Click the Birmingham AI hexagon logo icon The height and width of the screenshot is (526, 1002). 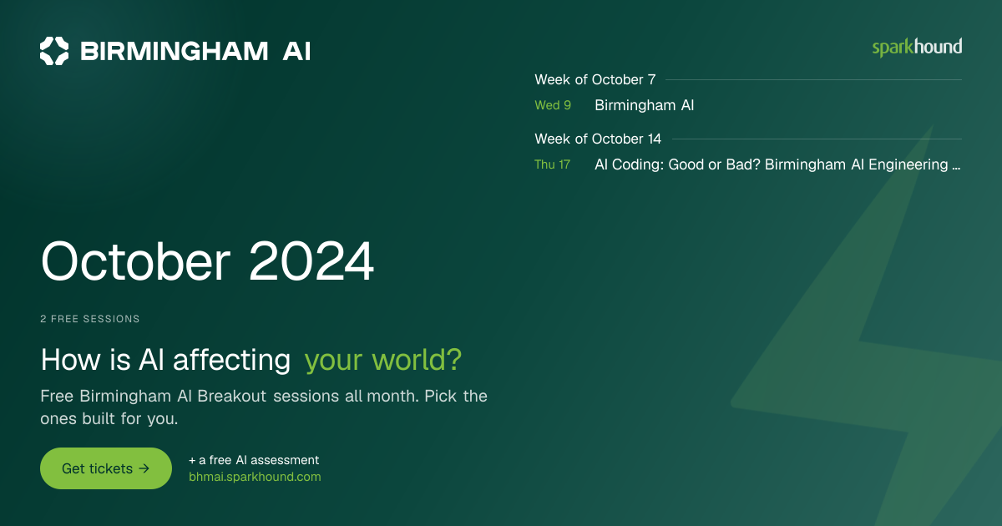[54, 51]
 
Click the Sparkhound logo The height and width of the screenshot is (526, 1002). [917, 48]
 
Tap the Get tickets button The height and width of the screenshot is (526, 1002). [106, 468]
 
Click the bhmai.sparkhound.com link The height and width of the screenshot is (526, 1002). [255, 477]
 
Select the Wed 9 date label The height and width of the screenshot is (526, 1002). [553, 105]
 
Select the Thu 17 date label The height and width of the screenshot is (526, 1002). [553, 164]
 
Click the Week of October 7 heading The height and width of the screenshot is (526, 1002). [595, 79]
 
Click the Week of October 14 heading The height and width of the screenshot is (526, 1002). [598, 139]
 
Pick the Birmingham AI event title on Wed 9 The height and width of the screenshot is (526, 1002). [644, 105]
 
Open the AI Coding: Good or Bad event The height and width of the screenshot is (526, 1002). [777, 164]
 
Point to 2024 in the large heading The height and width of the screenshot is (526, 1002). [311, 261]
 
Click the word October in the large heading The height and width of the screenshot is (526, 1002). [135, 261]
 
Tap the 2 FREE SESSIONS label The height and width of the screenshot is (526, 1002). [90, 319]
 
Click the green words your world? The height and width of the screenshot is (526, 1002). [383, 360]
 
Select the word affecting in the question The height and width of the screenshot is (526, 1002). [232, 360]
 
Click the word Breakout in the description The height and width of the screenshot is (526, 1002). [232, 397]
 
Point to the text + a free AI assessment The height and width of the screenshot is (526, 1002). [254, 460]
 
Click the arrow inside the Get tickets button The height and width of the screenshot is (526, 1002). [144, 468]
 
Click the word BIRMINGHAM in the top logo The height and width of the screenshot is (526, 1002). [174, 51]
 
